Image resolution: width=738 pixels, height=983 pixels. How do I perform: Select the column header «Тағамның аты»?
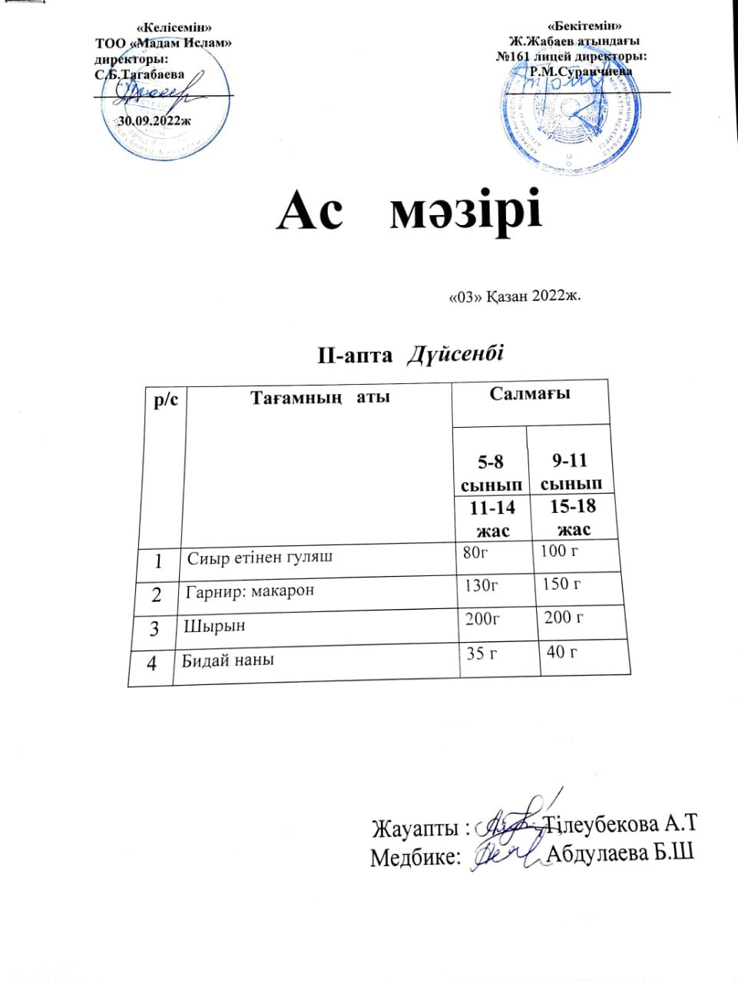319,398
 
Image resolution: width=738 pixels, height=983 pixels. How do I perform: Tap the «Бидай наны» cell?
227,660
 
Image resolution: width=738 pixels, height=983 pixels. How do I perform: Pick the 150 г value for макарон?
561,584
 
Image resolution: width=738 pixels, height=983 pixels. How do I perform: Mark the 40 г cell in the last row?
561,653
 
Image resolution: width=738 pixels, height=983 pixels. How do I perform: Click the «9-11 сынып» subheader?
570,472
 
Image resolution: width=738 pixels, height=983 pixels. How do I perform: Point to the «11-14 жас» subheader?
493,518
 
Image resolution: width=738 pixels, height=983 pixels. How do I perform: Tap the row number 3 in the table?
154,628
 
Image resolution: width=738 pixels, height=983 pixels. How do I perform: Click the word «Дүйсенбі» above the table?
455,355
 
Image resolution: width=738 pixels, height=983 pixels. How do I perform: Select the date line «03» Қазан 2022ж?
514,297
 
